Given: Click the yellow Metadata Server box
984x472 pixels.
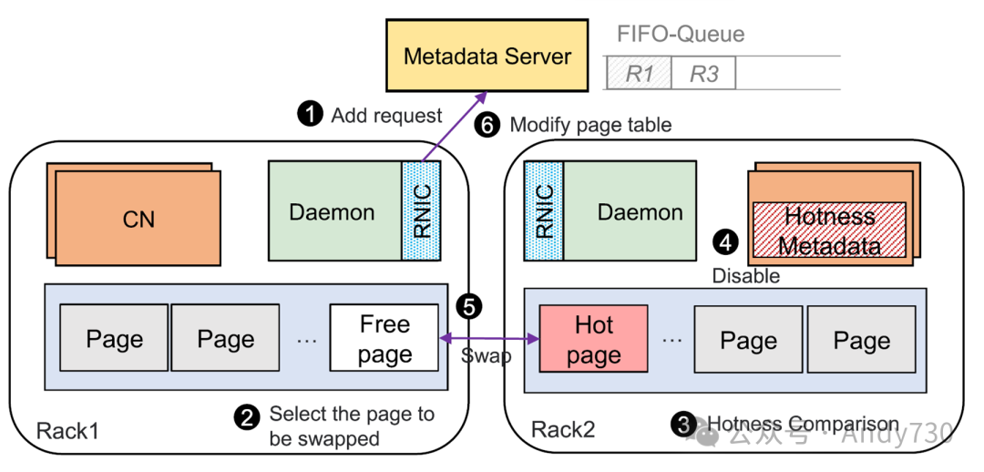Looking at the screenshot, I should (x=487, y=56).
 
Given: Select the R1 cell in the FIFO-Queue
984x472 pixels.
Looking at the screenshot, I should (x=639, y=74).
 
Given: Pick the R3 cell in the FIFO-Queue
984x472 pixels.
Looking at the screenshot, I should (x=703, y=74).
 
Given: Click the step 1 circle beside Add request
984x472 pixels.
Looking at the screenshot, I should (x=311, y=115).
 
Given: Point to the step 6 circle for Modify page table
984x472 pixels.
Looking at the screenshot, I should (x=488, y=125).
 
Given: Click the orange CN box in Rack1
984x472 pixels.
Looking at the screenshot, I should (x=138, y=220).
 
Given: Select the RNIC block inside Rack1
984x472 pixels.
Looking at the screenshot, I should (x=421, y=210).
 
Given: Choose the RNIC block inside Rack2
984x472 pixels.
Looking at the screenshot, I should (x=544, y=211).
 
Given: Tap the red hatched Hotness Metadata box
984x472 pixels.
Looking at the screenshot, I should (x=828, y=231).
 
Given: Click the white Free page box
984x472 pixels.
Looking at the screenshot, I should (x=384, y=338).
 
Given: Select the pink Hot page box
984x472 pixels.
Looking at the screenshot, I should (x=593, y=338).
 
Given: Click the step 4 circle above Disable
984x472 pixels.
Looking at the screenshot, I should (x=725, y=242).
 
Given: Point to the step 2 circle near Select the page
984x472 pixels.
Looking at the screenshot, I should (x=246, y=417).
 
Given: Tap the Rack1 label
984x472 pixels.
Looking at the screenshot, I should (x=67, y=429).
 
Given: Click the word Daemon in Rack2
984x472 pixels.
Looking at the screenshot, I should (x=640, y=212).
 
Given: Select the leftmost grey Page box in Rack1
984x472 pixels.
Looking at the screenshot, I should (x=114, y=339).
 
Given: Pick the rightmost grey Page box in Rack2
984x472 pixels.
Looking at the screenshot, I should (x=861, y=340).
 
